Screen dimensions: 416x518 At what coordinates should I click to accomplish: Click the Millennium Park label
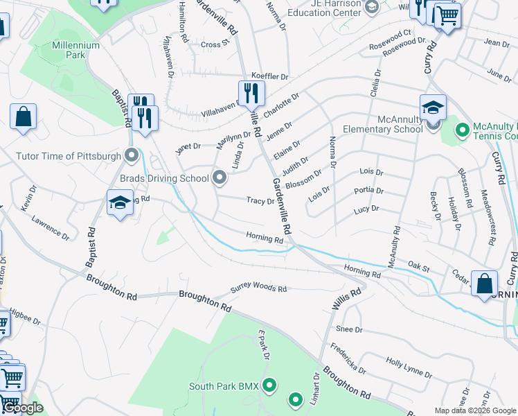click(76, 50)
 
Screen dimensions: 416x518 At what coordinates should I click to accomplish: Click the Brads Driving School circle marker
click(220, 178)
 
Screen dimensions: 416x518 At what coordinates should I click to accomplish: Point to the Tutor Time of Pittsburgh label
click(69, 156)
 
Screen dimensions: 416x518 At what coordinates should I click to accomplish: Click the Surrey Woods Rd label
click(258, 288)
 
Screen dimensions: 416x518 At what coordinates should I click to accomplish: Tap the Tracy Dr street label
click(260, 200)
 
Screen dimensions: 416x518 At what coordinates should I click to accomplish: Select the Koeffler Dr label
click(269, 76)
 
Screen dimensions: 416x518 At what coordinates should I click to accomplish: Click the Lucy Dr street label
click(366, 209)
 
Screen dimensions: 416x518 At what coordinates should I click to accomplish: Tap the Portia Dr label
click(368, 190)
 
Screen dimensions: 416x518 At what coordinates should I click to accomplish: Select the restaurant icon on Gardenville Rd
click(251, 93)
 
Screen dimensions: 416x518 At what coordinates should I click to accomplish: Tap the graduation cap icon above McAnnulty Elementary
click(433, 107)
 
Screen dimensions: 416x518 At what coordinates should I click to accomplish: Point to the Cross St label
click(215, 44)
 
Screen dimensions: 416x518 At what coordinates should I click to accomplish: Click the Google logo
click(22, 408)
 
